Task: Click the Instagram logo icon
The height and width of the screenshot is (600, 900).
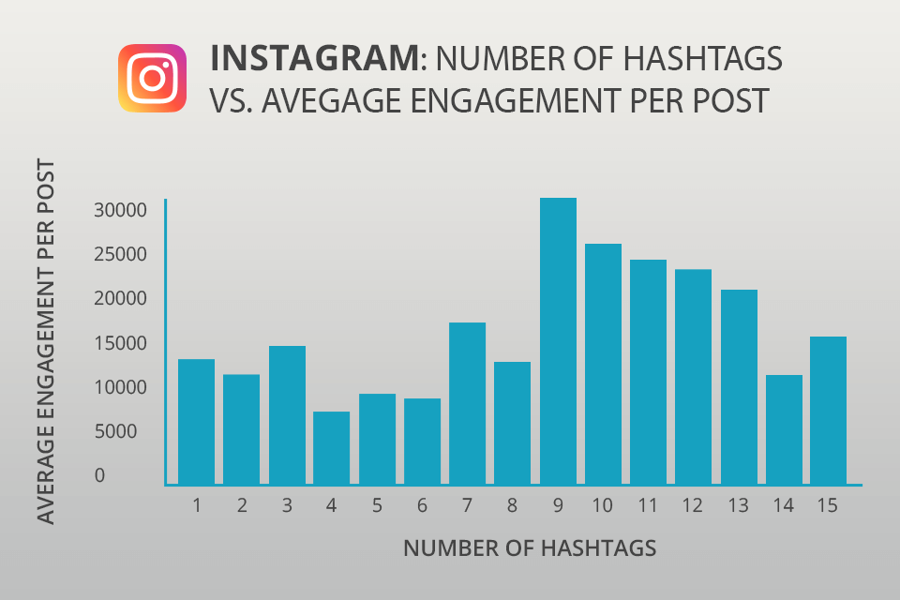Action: (x=152, y=79)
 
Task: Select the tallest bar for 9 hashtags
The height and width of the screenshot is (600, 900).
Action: (x=557, y=341)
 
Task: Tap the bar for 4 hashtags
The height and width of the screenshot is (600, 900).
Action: (x=331, y=448)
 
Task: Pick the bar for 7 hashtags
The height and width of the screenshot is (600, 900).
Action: (x=467, y=403)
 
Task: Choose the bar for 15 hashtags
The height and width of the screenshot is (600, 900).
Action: (x=828, y=411)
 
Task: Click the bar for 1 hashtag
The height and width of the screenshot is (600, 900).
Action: (x=196, y=422)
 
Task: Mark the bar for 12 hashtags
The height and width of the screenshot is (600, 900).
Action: (x=693, y=377)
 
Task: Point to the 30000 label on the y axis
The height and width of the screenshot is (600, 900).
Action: (x=121, y=210)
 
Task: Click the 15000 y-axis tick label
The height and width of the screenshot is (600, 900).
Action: (x=121, y=343)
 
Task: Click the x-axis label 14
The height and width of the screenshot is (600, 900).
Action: (x=784, y=506)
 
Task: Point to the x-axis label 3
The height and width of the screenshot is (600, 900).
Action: (x=287, y=506)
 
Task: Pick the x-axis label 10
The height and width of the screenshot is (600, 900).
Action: (x=603, y=506)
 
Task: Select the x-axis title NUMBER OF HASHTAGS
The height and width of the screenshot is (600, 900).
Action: (x=530, y=548)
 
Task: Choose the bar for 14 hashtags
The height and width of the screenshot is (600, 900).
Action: (x=783, y=429)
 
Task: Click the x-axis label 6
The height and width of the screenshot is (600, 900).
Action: (x=422, y=506)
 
